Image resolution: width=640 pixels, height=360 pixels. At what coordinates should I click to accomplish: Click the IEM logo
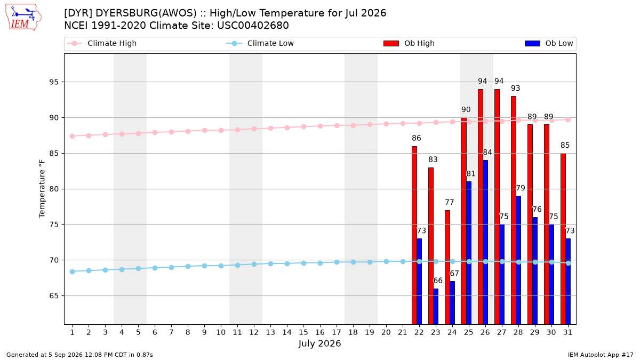[x=23, y=17]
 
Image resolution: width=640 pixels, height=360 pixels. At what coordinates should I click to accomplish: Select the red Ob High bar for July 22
[x=414, y=235]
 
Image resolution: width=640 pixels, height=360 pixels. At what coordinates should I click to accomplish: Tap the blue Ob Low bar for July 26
[x=485, y=242]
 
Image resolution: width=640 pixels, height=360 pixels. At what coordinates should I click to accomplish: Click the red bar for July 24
[x=447, y=267]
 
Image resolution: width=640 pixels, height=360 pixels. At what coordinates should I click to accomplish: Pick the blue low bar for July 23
[x=436, y=306]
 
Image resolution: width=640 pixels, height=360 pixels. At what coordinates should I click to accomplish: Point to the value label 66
[x=438, y=281]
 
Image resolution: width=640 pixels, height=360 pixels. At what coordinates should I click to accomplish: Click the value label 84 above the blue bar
[x=487, y=153]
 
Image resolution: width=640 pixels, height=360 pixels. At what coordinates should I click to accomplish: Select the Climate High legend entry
[x=101, y=43]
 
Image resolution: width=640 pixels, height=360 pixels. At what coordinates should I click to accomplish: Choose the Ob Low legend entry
[x=549, y=43]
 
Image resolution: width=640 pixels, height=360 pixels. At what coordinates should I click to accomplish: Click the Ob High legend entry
[x=409, y=43]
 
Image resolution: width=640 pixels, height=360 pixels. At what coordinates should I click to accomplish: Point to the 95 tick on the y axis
[x=54, y=82]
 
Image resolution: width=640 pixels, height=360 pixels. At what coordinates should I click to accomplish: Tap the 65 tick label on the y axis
[x=54, y=295]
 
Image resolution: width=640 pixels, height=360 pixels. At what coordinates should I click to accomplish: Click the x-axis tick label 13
[x=270, y=332]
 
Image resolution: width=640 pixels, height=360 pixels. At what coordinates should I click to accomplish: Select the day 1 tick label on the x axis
[x=73, y=332]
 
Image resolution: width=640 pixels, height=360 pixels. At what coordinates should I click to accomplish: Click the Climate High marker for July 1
[x=73, y=137]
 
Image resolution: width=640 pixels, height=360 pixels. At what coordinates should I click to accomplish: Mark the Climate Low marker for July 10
[x=221, y=266]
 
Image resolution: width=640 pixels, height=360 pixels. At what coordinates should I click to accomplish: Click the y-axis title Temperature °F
[x=42, y=189]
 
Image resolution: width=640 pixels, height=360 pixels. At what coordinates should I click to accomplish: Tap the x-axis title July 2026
[x=319, y=343]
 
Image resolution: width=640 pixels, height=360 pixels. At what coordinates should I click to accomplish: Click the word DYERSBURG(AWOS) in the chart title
[x=146, y=13]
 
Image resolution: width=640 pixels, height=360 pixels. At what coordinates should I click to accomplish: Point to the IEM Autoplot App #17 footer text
[x=601, y=355]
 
